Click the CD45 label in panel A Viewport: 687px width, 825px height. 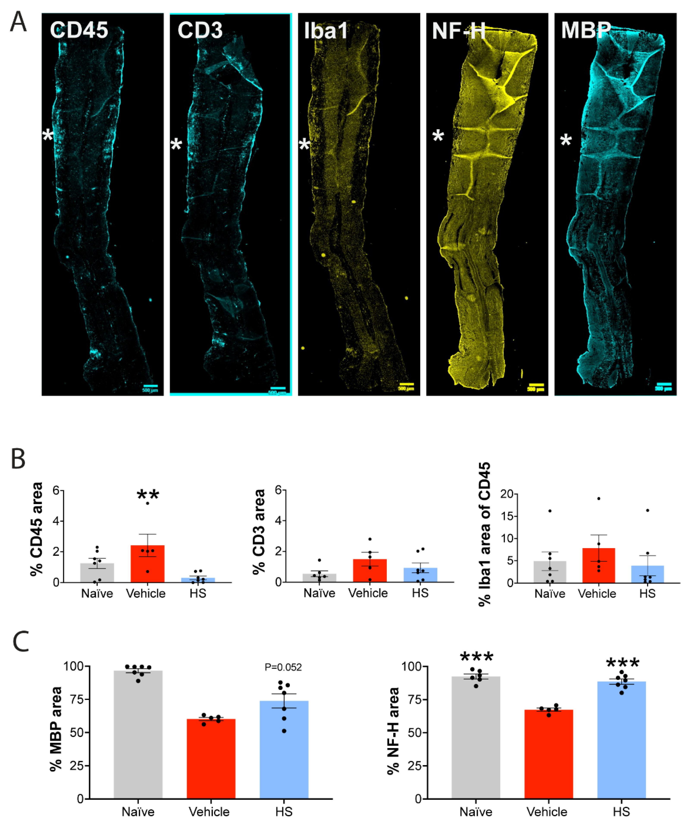[x=79, y=30]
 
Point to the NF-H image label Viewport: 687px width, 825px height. [x=458, y=31]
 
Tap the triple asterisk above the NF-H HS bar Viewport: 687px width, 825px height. [x=623, y=663]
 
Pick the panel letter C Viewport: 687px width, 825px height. [x=20, y=641]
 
